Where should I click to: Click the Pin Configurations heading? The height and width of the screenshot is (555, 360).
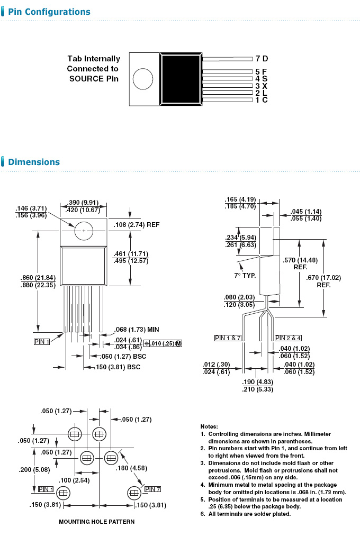click(49, 12)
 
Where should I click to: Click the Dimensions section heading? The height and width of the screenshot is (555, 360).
click(34, 162)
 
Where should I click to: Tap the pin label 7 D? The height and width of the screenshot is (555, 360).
click(262, 59)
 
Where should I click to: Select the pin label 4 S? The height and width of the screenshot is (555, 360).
click(262, 79)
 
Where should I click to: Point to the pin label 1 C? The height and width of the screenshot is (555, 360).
click(262, 99)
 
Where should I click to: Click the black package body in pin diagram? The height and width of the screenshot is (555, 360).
click(181, 79)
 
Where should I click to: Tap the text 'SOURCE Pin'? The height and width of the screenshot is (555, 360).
click(94, 79)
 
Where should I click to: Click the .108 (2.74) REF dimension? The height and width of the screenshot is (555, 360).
click(136, 225)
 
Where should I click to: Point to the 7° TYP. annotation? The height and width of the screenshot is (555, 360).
click(246, 276)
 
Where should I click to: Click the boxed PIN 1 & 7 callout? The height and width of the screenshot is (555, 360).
click(228, 338)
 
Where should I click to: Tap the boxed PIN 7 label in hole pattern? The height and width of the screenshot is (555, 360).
click(152, 488)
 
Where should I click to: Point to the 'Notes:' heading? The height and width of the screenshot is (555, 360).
click(209, 426)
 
